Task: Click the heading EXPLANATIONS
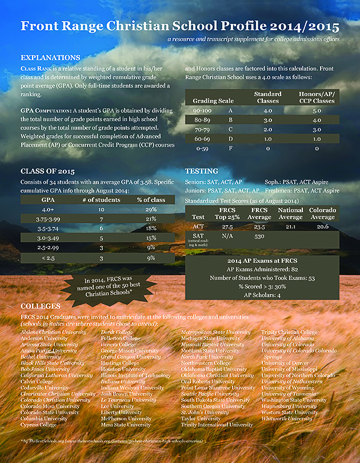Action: (50, 58)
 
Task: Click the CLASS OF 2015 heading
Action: (47, 171)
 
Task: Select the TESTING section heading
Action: (202, 171)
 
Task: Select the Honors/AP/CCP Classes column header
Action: (317, 97)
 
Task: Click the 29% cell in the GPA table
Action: (151, 210)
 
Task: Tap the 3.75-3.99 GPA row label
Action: (48, 219)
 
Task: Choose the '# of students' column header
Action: (101, 199)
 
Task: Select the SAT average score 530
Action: (259, 236)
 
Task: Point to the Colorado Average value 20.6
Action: (322, 226)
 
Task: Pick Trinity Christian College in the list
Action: (289, 332)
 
